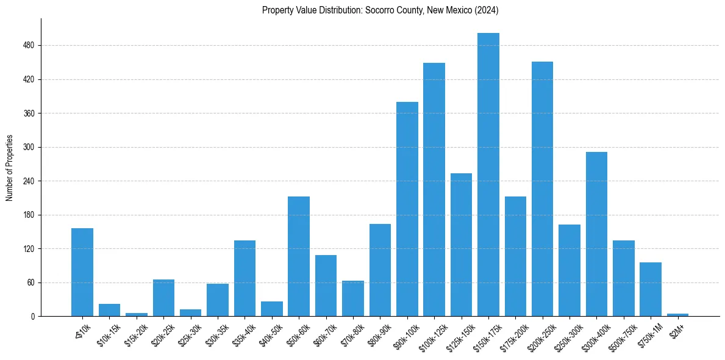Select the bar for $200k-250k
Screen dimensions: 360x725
tap(542, 189)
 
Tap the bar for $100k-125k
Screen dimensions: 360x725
tap(434, 190)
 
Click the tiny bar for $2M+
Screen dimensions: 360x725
tap(677, 315)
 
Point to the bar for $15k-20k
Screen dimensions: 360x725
tap(137, 315)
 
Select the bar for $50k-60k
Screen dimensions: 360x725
tap(299, 256)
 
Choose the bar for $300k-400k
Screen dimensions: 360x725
tap(596, 234)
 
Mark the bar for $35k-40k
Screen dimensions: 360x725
tap(245, 278)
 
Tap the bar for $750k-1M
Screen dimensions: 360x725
tap(650, 289)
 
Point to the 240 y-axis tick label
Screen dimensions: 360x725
tap(29, 181)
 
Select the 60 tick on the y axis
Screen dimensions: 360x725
tap(31, 283)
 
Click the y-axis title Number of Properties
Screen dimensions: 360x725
tap(9, 168)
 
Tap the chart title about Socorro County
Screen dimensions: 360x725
tap(380, 10)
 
